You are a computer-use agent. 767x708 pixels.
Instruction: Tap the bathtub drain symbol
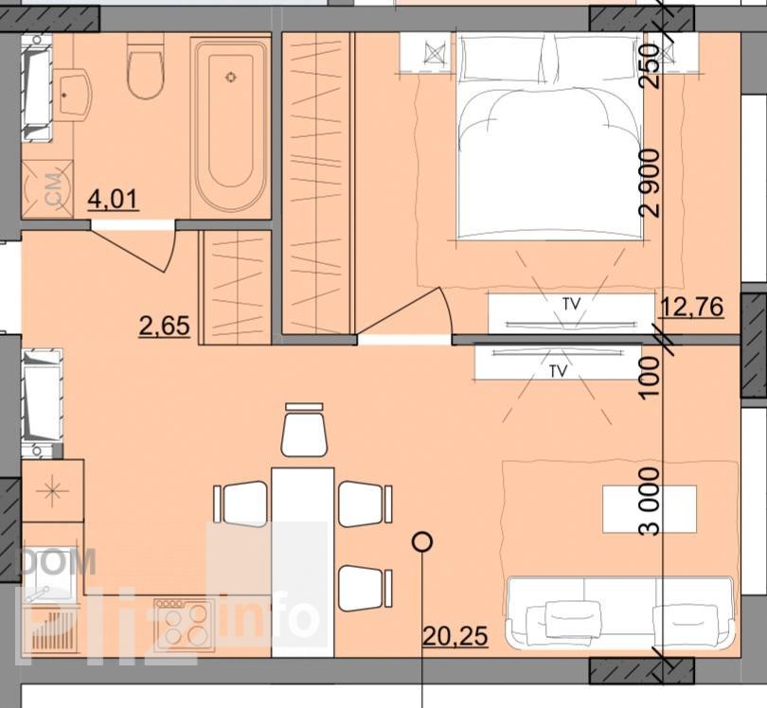[x=231, y=77]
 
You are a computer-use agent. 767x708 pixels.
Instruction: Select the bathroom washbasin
[x=72, y=96]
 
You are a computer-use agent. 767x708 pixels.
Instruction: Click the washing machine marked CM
[x=47, y=188]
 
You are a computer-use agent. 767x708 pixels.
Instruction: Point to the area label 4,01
[x=113, y=200]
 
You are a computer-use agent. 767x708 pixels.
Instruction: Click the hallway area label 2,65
[x=165, y=327]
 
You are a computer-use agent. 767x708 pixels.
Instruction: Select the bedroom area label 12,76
[x=691, y=307]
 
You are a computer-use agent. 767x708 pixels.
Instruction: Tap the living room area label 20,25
[x=455, y=636]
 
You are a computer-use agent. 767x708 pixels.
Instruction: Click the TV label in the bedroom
[x=571, y=304]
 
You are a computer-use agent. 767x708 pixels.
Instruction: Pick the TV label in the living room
[x=558, y=371]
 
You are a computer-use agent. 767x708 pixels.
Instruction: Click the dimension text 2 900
[x=651, y=183]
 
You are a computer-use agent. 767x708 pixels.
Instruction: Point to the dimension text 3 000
[x=651, y=501]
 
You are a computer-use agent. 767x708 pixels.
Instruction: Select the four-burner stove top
[x=184, y=625]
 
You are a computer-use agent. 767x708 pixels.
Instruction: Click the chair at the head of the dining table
[x=304, y=431]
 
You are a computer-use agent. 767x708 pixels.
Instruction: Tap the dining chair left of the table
[x=241, y=504]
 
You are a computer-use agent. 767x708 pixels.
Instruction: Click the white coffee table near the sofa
[x=650, y=508]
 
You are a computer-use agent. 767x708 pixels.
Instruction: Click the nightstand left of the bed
[x=425, y=52]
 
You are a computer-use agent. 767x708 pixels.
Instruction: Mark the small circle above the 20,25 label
[x=421, y=541]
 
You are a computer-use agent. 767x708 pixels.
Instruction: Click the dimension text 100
[x=651, y=378]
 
